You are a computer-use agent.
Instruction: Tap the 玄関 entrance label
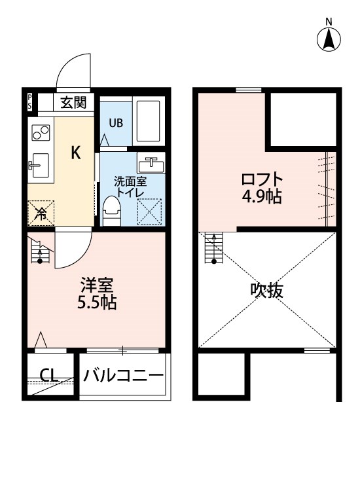coord(73,102)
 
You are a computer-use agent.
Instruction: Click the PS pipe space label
coord(29,102)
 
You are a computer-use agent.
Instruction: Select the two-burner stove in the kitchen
coord(41,132)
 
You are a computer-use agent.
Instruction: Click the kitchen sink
coord(39,165)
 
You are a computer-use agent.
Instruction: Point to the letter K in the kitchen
coord(76,153)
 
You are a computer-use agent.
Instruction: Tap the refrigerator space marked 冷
coord(41,213)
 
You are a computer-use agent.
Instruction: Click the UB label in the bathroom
coord(116,123)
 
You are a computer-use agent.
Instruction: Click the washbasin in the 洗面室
coord(151,163)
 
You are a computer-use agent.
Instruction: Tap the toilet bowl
coord(112,211)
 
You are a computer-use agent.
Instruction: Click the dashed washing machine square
coord(150,211)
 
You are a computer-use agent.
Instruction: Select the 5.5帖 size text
coord(97,303)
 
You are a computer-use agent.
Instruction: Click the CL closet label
coord(49,375)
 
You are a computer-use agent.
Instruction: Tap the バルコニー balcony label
coord(123,375)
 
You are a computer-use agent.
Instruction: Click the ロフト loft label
coord(262,180)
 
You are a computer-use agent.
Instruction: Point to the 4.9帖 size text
coord(262,196)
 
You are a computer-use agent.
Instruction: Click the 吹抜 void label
coord(266,290)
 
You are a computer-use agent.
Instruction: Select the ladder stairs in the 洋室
coord(40,250)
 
